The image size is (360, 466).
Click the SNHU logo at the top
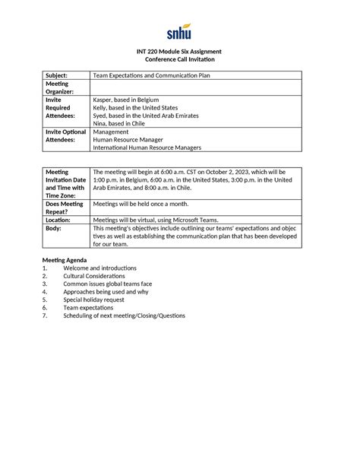coord(179,32)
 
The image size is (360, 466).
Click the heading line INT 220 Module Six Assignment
coord(179,51)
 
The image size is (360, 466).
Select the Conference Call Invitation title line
coord(179,59)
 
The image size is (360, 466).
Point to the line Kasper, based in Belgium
coord(126,99)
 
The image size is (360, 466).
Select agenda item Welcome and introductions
coord(99,268)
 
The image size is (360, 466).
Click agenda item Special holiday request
coord(96,300)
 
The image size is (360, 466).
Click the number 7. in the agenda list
coord(46,315)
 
